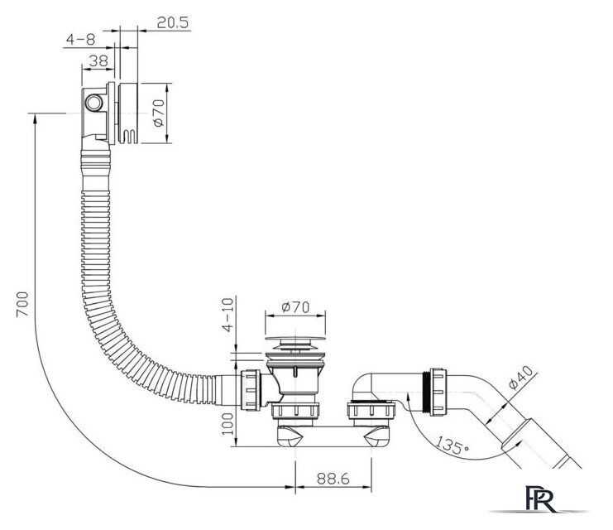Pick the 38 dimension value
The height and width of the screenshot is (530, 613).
[97, 60]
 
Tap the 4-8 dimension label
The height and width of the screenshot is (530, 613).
[81, 38]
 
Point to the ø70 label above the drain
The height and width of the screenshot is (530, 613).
[295, 307]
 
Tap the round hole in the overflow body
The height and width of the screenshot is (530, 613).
[93, 104]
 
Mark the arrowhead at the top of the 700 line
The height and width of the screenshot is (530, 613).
[35, 118]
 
